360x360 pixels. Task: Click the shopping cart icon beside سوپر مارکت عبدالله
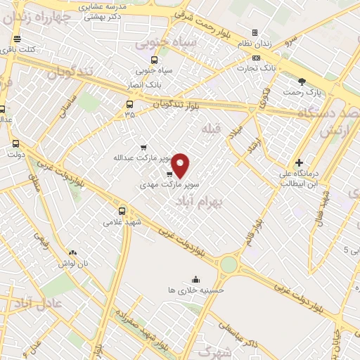tap(143, 148)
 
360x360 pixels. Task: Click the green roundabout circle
tap(229, 265)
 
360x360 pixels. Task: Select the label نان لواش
tap(72, 262)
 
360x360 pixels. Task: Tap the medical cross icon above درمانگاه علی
tap(299, 162)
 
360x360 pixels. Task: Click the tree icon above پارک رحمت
tap(302, 82)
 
